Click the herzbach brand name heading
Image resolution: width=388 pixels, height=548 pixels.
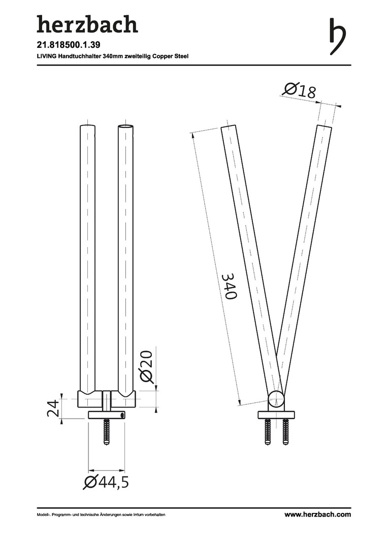click(87, 25)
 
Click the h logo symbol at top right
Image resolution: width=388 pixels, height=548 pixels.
click(337, 36)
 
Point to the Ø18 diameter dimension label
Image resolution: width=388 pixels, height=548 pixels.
click(300, 90)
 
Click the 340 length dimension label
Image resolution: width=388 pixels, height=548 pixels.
click(230, 286)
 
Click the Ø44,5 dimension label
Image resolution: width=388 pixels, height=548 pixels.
click(106, 483)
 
